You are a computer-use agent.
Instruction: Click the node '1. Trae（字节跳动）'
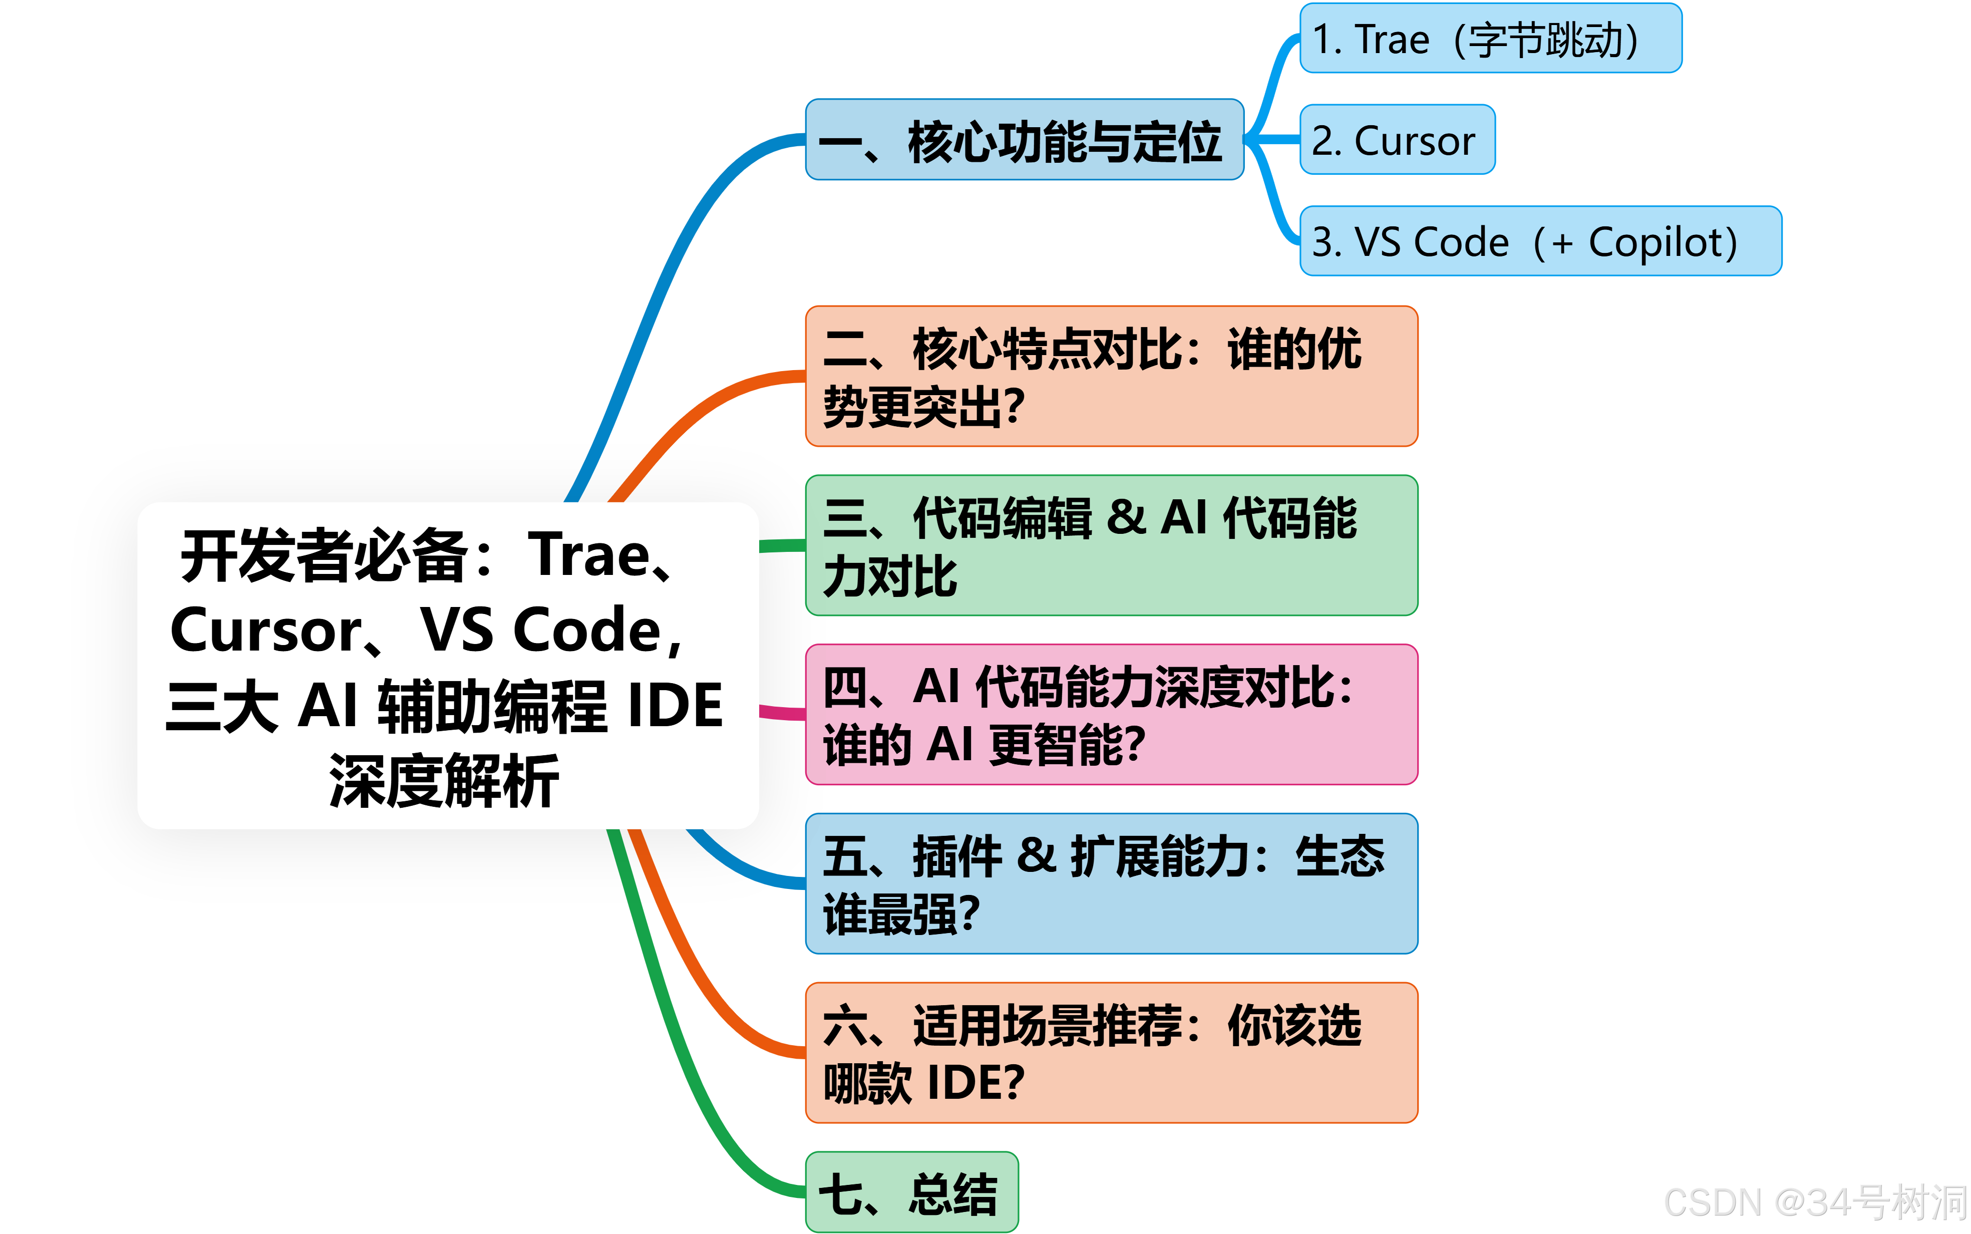click(x=1490, y=39)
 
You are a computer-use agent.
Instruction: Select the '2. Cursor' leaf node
click(x=1397, y=140)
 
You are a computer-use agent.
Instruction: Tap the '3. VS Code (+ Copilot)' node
click(x=1540, y=241)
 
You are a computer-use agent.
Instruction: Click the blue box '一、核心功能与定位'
click(x=1024, y=140)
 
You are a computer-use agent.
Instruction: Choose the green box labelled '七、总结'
click(x=911, y=1193)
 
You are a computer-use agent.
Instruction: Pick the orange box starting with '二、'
click(x=1111, y=376)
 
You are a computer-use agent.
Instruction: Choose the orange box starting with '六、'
click(x=1111, y=1053)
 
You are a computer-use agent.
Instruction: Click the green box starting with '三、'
click(x=1111, y=545)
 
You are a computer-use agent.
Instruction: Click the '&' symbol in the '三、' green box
click(x=1127, y=517)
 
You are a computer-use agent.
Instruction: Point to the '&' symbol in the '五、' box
click(x=1036, y=856)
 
